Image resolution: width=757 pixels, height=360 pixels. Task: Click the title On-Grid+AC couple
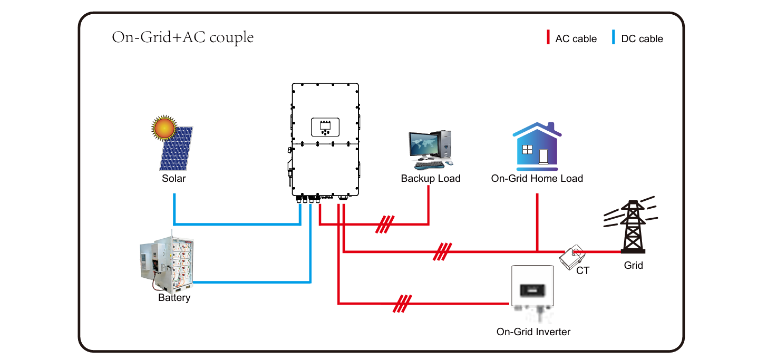point(182,38)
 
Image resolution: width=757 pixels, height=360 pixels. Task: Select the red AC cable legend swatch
point(547,38)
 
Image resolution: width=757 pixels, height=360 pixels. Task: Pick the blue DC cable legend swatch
point(613,38)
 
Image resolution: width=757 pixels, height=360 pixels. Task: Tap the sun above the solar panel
point(163,127)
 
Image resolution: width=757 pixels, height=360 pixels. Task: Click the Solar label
point(174,179)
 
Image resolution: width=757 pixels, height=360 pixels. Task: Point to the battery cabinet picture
point(167,263)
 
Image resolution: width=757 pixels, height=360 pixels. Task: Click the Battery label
point(174,298)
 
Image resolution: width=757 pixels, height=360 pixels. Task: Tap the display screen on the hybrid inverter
point(325,127)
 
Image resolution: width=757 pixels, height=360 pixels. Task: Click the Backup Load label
point(431,179)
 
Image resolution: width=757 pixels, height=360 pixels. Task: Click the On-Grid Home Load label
point(537,179)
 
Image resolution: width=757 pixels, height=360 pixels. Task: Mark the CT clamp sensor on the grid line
point(572,256)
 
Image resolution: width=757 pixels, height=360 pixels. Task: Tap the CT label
point(583,271)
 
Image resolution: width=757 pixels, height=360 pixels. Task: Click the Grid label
point(633,265)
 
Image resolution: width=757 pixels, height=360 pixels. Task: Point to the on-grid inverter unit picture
point(531,288)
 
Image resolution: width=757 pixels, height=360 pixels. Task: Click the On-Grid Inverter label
point(533,332)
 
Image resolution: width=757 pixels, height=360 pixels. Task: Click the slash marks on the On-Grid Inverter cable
point(402,304)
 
